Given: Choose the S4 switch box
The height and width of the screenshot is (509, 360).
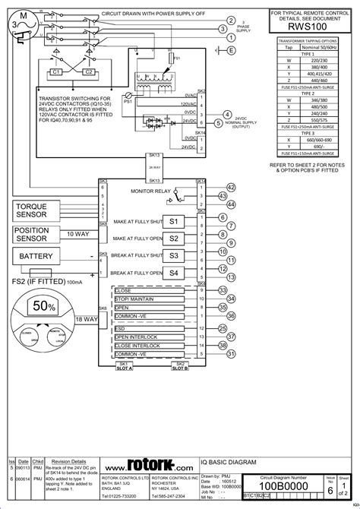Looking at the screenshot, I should coord(173,273).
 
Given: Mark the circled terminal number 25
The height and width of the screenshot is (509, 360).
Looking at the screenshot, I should coord(223,328).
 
